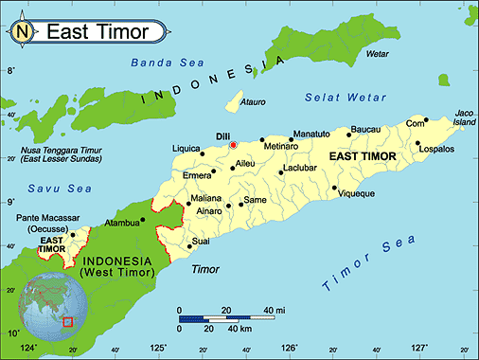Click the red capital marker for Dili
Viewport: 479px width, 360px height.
pos(233,145)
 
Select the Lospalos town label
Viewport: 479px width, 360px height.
pos(436,150)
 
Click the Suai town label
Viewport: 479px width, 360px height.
pos(201,242)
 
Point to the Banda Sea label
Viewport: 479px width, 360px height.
pos(155,64)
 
